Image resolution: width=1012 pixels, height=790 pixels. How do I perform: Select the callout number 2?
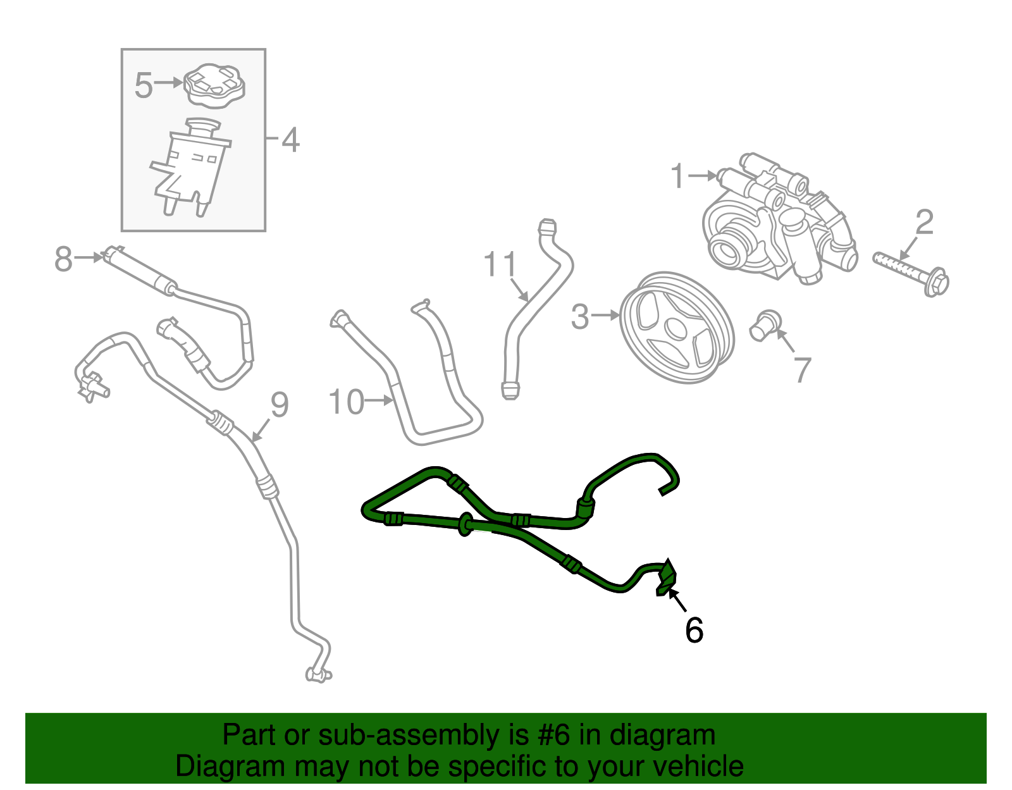tap(924, 223)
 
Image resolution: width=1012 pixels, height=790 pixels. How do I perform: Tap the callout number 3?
tap(579, 316)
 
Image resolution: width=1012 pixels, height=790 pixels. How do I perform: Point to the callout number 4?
tap(290, 140)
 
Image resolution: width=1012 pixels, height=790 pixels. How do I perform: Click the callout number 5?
tap(144, 85)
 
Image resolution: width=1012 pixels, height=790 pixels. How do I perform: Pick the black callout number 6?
tap(694, 630)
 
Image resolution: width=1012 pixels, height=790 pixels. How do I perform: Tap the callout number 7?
tap(801, 370)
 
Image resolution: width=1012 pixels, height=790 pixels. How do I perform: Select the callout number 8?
tap(63, 259)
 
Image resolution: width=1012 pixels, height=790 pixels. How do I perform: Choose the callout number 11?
tap(500, 264)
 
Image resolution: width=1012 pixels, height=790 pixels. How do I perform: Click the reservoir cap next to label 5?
tap(214, 86)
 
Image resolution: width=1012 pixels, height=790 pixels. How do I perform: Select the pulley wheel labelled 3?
tap(676, 328)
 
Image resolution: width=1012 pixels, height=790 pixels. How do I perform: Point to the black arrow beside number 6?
tap(677, 600)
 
